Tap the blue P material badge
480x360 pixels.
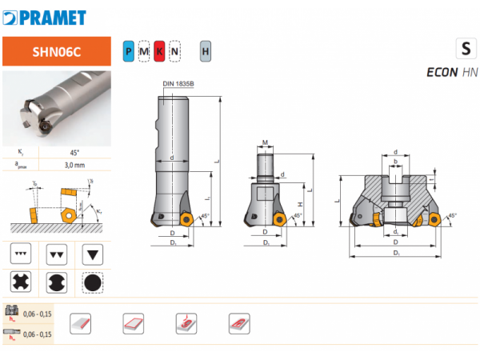click(129, 52)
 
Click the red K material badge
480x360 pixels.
click(160, 52)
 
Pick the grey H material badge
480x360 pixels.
click(206, 52)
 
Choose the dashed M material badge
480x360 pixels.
click(144, 52)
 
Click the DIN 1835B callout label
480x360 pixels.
click(178, 84)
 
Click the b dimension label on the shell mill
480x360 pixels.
click(394, 161)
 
